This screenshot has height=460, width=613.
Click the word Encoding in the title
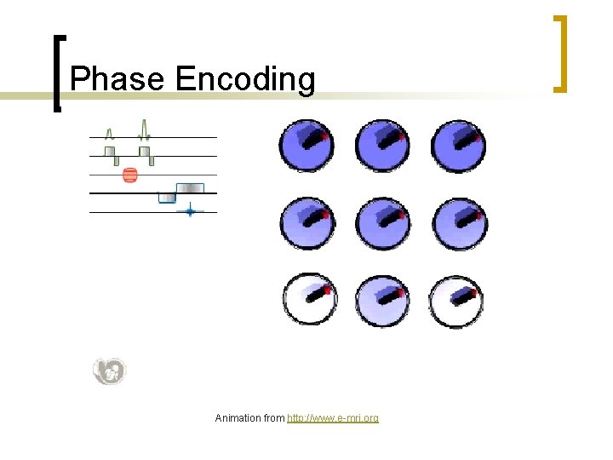tap(245, 80)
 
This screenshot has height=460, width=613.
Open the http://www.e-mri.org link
tap(333, 418)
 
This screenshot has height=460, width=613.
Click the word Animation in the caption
tap(238, 418)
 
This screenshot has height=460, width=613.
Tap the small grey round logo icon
tap(109, 371)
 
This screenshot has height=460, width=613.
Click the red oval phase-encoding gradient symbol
tap(129, 175)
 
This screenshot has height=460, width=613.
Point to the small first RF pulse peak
tap(109, 133)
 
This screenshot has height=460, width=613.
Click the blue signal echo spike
tap(189, 211)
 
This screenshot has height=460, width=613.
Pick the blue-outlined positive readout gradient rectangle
tap(190, 188)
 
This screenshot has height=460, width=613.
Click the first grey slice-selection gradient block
tap(110, 152)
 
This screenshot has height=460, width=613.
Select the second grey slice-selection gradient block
tap(145, 152)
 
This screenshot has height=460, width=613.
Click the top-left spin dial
tap(306, 144)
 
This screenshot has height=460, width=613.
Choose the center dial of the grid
tap(382, 223)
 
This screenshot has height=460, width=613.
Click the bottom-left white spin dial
tap(307, 301)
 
